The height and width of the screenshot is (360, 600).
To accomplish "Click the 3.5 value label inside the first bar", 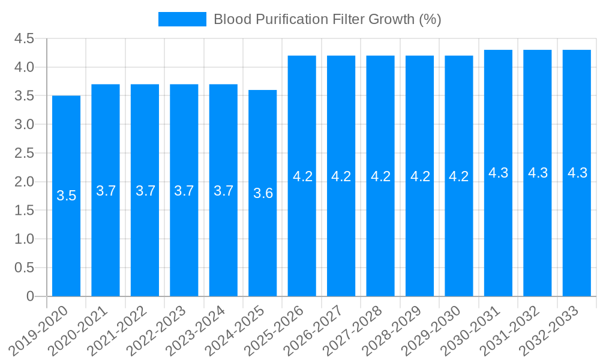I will pyautogui.click(x=66, y=196).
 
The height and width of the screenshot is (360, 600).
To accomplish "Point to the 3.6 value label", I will pyautogui.click(x=263, y=193).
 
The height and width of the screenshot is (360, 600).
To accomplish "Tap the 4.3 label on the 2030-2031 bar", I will pyautogui.click(x=499, y=173).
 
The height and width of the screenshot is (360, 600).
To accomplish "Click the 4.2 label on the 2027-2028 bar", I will pyautogui.click(x=380, y=176).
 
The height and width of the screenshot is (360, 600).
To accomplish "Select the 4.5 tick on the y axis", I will pyautogui.click(x=25, y=39).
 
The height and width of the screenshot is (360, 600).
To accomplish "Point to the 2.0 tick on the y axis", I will pyautogui.click(x=25, y=182).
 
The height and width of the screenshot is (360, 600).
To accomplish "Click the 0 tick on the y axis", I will pyautogui.click(x=31, y=296).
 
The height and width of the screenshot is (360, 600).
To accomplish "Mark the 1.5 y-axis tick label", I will pyautogui.click(x=25, y=211).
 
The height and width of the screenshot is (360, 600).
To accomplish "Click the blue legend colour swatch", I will pyautogui.click(x=182, y=19).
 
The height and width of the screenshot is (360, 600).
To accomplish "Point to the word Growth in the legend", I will pyautogui.click(x=392, y=19).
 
